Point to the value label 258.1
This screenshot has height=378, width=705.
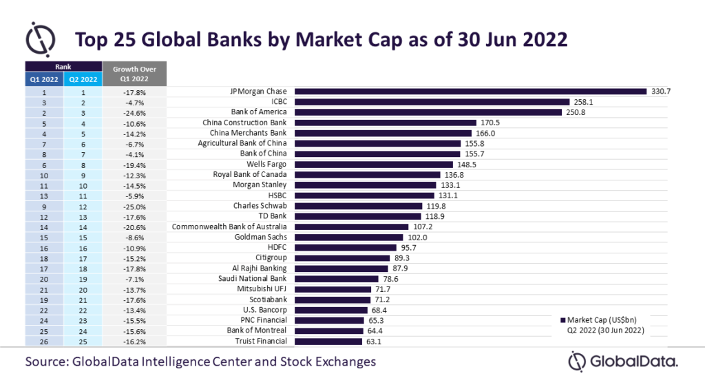pyautogui.click(x=571, y=101)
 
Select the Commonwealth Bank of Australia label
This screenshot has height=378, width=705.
pyautogui.click(x=229, y=227)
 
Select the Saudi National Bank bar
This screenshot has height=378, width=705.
pyautogui.click(x=337, y=278)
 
